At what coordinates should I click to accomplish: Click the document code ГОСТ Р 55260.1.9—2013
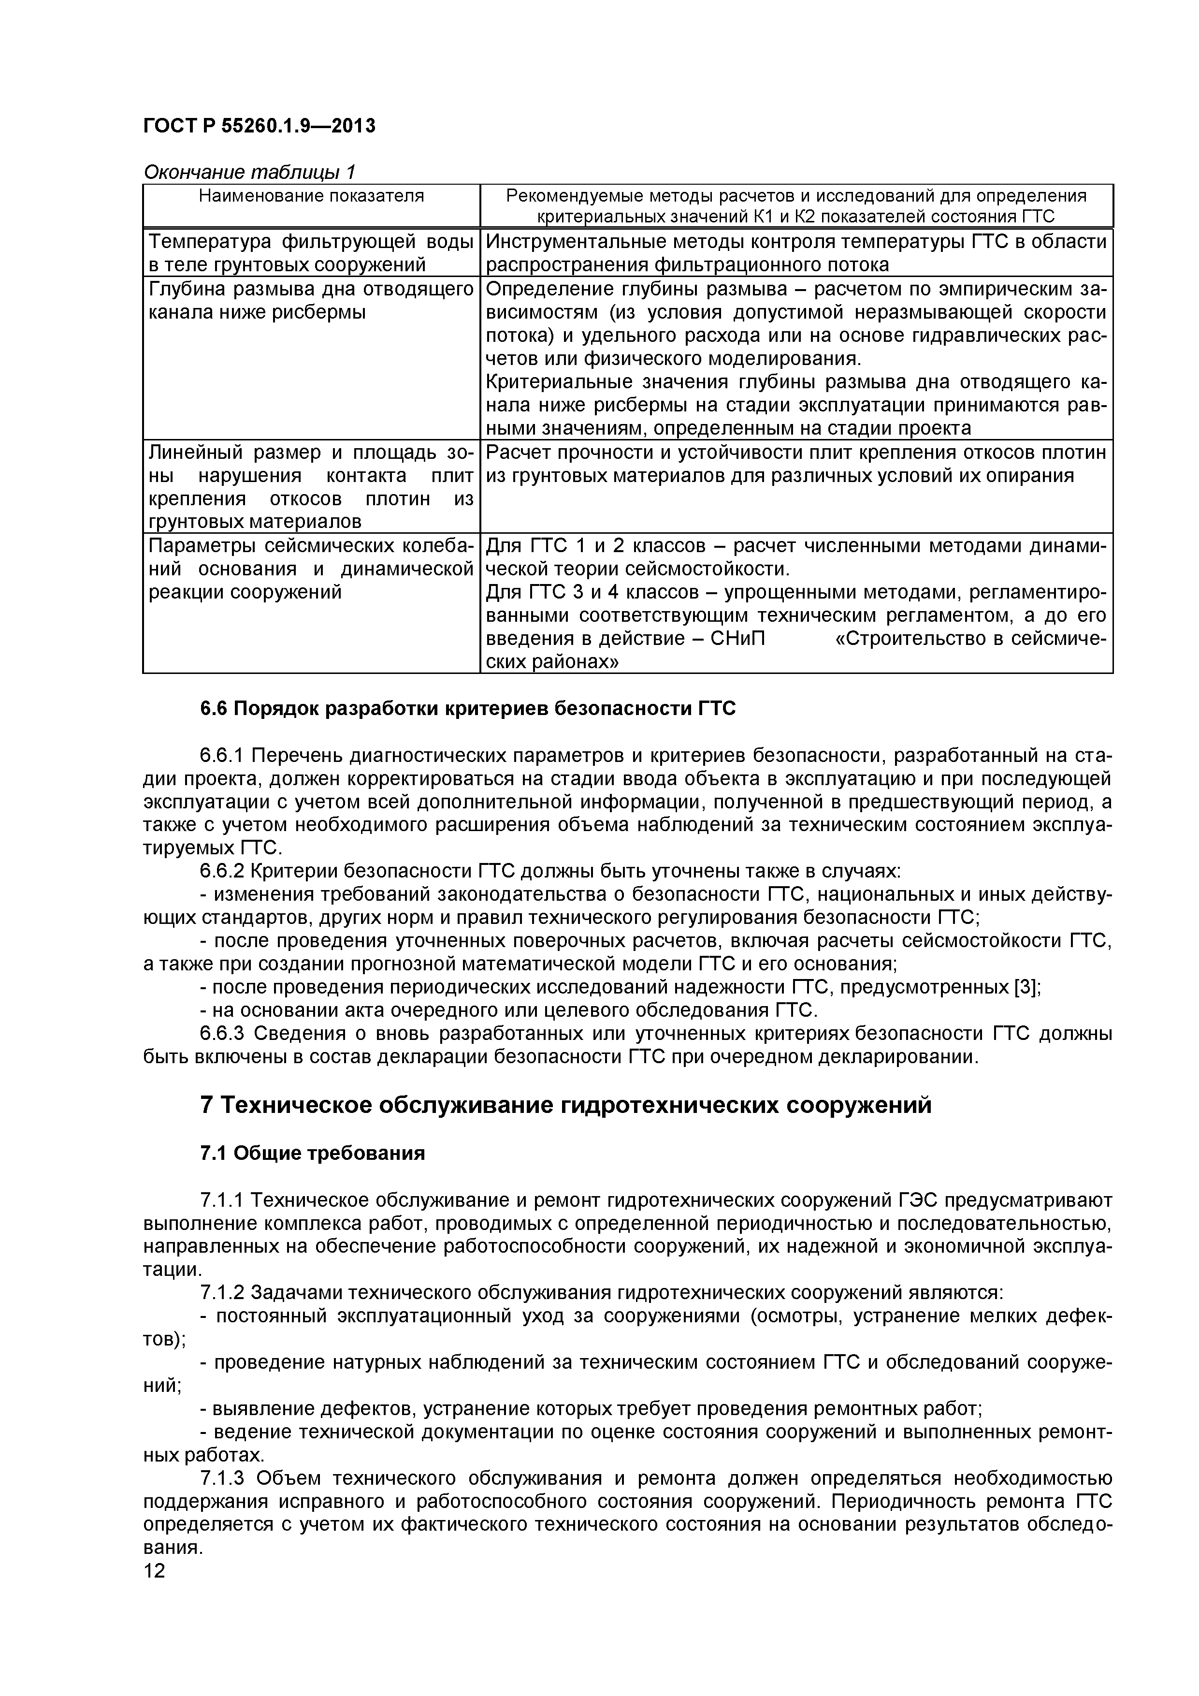click(259, 126)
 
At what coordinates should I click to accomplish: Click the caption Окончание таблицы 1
click(249, 172)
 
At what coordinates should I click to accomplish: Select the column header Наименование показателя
click(311, 196)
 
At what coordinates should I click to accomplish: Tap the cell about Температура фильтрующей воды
click(311, 253)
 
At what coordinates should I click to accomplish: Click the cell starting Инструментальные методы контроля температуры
click(796, 253)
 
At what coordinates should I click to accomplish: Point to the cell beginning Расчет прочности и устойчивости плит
click(796, 464)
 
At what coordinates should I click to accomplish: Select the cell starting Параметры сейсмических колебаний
click(311, 569)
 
